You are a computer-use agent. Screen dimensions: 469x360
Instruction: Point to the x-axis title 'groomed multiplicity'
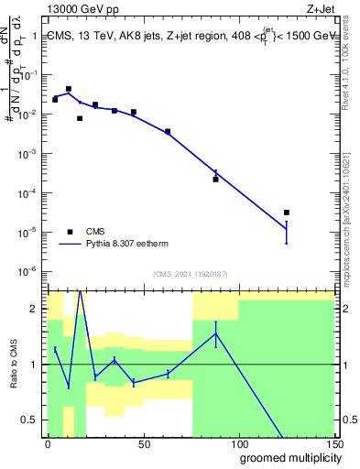point(289,457)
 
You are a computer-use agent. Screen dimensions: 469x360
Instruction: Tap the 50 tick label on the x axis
point(143,444)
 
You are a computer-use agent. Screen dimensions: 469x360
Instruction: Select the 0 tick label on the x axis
point(48,444)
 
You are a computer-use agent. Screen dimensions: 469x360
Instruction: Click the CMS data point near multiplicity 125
point(287,213)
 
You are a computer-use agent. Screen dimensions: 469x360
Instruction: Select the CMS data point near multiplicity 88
point(215,179)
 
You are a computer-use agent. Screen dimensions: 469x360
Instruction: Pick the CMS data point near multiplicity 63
point(168,132)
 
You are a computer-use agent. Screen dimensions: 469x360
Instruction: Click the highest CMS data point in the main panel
point(69,89)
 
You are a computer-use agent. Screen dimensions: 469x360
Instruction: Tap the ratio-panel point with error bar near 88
point(215,333)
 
